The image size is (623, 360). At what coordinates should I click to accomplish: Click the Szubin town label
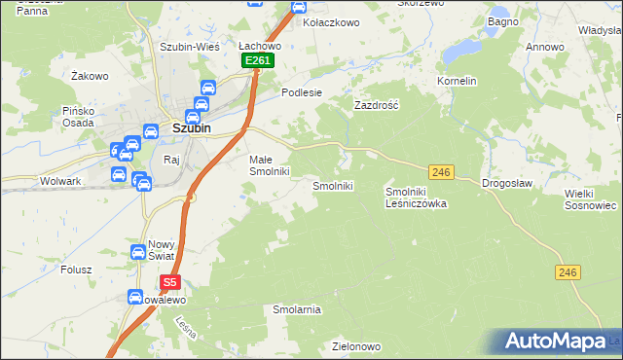click(x=193, y=126)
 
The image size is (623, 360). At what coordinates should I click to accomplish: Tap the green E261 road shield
click(x=258, y=60)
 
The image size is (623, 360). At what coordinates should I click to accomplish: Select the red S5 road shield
click(x=170, y=283)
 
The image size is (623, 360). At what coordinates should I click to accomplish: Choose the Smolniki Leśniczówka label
click(x=416, y=198)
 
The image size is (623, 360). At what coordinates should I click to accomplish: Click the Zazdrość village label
click(x=377, y=104)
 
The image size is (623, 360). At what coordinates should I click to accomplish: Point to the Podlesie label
click(x=301, y=92)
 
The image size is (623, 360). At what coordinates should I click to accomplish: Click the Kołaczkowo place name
click(x=332, y=21)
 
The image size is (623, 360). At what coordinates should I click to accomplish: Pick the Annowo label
click(x=545, y=47)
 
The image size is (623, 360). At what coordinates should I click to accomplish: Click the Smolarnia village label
click(x=297, y=309)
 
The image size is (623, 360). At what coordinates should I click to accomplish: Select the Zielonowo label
click(x=355, y=346)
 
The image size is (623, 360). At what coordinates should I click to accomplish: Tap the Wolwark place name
click(x=60, y=181)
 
